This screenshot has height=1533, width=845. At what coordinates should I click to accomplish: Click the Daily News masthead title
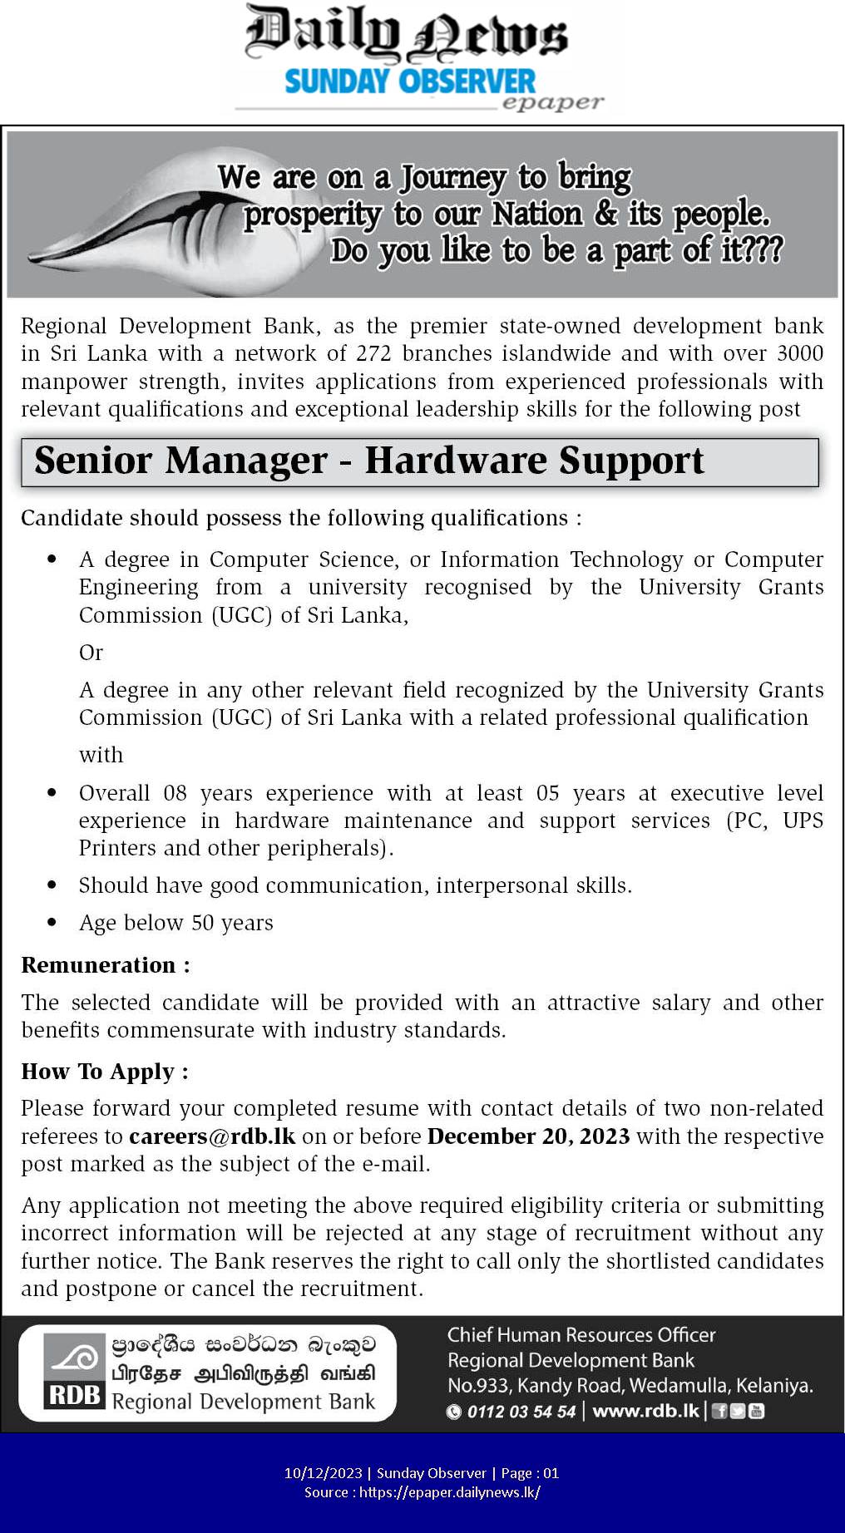pyautogui.click(x=407, y=35)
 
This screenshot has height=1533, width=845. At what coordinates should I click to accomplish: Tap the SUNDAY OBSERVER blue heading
pyautogui.click(x=410, y=81)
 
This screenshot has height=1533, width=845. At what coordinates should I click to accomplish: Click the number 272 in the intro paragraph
pyautogui.click(x=373, y=353)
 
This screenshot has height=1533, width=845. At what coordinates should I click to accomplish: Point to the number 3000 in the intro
pyautogui.click(x=799, y=353)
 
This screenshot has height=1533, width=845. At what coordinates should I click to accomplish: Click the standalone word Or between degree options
pyautogui.click(x=91, y=653)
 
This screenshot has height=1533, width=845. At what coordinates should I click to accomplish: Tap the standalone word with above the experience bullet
pyautogui.click(x=101, y=755)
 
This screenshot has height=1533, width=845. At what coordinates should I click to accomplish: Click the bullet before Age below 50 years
pyautogui.click(x=52, y=922)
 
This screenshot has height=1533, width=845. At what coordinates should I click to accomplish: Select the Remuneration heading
pyautogui.click(x=106, y=965)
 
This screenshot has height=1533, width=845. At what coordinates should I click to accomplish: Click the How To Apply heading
pyautogui.click(x=105, y=1072)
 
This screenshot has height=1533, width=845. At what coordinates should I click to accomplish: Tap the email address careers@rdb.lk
pyautogui.click(x=212, y=1136)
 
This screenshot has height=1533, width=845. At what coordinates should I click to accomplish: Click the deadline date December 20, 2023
pyautogui.click(x=528, y=1136)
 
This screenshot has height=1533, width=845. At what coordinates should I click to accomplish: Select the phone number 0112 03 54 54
pyautogui.click(x=521, y=1412)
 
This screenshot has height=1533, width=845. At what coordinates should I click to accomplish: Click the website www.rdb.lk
pyautogui.click(x=645, y=1411)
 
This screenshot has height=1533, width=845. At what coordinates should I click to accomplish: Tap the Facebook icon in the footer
pyautogui.click(x=719, y=1411)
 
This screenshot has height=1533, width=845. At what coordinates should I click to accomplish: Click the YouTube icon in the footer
pyautogui.click(x=756, y=1411)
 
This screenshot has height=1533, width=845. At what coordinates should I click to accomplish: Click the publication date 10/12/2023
pyautogui.click(x=323, y=1473)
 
